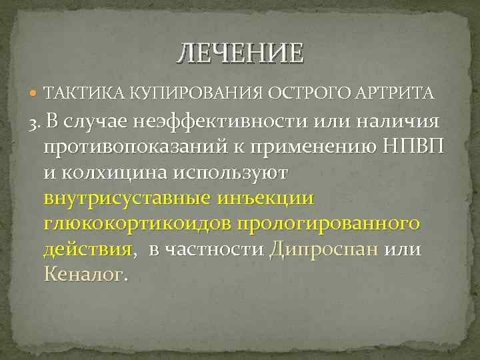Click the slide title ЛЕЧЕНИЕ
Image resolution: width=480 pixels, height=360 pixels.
239,53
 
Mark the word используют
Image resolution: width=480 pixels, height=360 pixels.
231,173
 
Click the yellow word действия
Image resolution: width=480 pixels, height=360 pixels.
87,249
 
